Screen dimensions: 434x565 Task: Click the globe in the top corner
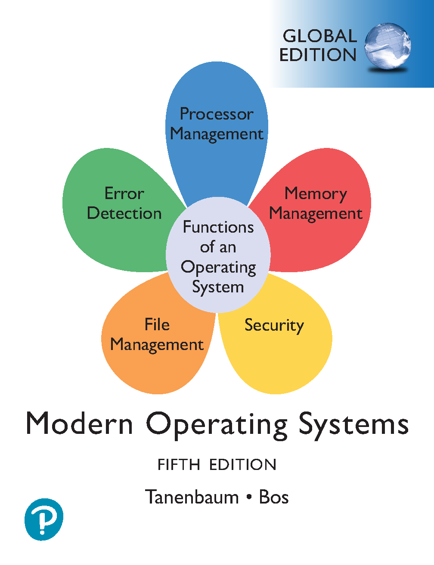pyautogui.click(x=387, y=46)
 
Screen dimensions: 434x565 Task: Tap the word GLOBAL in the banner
pyautogui.click(x=320, y=36)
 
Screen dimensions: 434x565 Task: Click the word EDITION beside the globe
pyautogui.click(x=318, y=55)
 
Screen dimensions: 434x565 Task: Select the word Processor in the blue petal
pyautogui.click(x=217, y=114)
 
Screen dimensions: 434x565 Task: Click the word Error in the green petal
pyautogui.click(x=124, y=193)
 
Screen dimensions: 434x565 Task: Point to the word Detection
pyautogui.click(x=124, y=213)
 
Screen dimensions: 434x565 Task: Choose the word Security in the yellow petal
pyautogui.click(x=274, y=325)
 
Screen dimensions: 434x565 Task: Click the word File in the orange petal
pyautogui.click(x=157, y=325)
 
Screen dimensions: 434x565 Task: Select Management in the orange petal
pyautogui.click(x=157, y=345)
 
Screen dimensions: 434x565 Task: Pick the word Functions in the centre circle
pyautogui.click(x=218, y=227)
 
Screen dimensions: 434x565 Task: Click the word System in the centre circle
pyautogui.click(x=218, y=288)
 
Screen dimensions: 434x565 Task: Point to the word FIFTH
pyautogui.click(x=179, y=465)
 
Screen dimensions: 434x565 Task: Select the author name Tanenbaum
pyautogui.click(x=192, y=497)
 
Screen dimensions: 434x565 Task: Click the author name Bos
pyautogui.click(x=274, y=497)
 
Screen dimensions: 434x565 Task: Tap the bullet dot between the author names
pyautogui.click(x=249, y=497)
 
